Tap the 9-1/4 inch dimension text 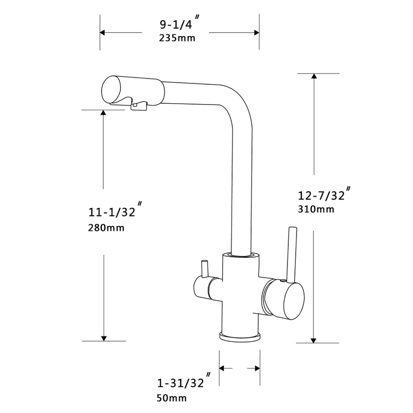(176, 25)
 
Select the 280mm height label (106, 228)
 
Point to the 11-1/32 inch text (112, 212)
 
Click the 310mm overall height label (316, 209)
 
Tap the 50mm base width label (171, 398)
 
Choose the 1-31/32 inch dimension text (180, 383)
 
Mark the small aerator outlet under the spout (138, 106)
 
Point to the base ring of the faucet (240, 336)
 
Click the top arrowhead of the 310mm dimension (314, 76)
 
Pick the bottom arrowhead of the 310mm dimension (314, 340)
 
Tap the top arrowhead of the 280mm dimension (104, 113)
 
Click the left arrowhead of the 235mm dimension (103, 33)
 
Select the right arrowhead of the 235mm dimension (256, 33)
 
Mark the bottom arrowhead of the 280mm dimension (104, 338)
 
